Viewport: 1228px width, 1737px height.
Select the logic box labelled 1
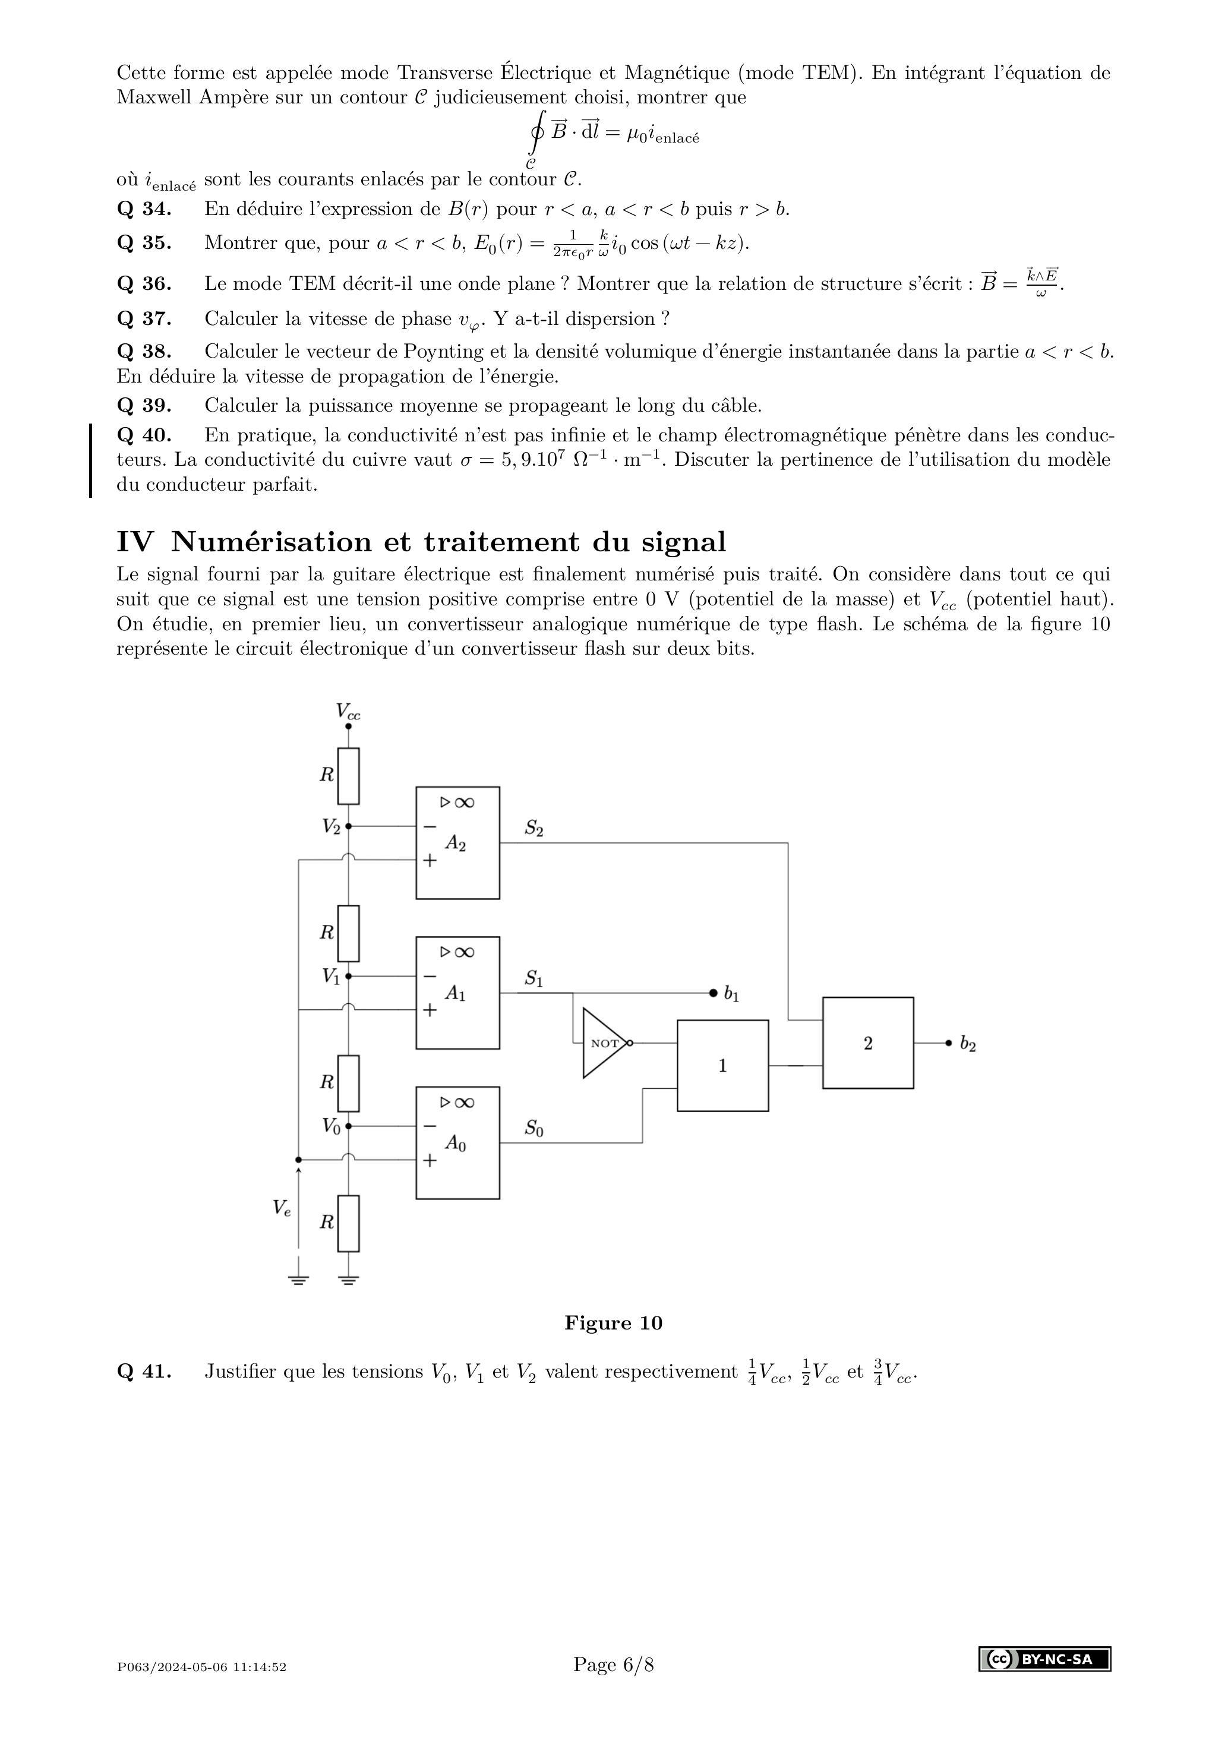pos(722,1065)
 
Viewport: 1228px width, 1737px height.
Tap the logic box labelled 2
pos(867,1043)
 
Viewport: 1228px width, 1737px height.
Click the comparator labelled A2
pos(457,843)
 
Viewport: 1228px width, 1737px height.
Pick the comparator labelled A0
pos(457,1142)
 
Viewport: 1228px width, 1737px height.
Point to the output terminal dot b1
pos(713,993)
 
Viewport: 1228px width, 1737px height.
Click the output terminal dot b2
pos(948,1043)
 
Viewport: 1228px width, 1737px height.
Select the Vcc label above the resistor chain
pos(348,711)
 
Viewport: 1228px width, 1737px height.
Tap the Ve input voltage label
pos(282,1208)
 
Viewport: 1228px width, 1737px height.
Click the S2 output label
pos(534,829)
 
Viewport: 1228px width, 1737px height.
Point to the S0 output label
pos(534,1129)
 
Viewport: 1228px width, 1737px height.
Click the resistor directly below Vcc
pos(348,775)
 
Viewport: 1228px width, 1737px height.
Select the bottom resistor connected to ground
pos(348,1223)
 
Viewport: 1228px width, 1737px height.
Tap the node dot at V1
pos(348,976)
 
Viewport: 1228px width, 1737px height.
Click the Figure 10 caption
pos(613,1323)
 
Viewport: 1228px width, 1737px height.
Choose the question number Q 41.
pos(144,1372)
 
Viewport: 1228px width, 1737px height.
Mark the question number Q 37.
pos(144,318)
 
